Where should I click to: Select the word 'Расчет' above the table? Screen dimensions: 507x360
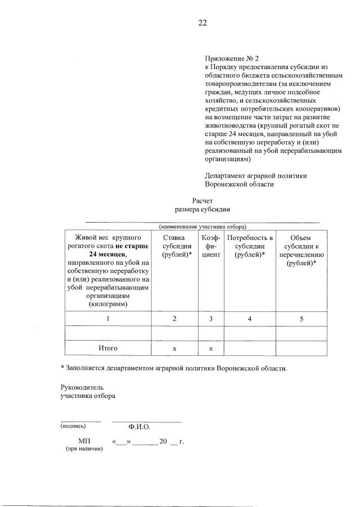point(202,200)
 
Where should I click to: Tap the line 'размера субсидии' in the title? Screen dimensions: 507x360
point(202,209)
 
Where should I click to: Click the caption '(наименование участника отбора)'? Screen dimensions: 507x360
point(202,226)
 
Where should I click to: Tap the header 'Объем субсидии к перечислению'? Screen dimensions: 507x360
point(301,251)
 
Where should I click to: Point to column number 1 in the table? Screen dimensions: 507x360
point(107,319)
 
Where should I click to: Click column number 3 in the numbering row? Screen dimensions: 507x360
point(210,319)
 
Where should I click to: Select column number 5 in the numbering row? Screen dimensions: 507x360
point(301,319)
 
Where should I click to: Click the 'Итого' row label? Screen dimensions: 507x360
point(107,348)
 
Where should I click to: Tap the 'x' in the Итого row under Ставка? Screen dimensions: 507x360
point(174,349)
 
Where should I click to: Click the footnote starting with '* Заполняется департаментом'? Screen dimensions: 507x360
point(174,369)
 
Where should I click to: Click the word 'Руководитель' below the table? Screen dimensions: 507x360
point(82,388)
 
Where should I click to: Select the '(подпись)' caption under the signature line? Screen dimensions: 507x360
point(74,426)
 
